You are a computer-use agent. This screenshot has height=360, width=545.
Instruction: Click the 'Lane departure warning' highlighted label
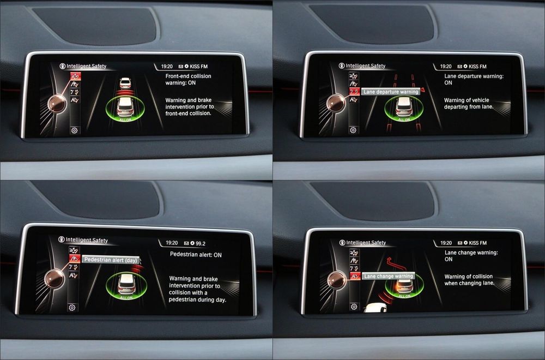tap(391, 92)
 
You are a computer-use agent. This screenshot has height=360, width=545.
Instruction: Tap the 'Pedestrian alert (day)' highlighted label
tap(111, 260)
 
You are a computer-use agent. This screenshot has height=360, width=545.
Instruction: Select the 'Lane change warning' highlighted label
tap(388, 276)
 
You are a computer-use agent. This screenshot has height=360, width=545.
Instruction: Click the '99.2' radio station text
tap(201, 243)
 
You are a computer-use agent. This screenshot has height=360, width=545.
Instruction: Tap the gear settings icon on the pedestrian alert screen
tap(72, 308)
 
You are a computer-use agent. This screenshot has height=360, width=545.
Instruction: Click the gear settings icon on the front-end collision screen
tap(74, 130)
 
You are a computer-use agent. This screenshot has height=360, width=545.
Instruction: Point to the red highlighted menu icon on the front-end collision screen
tap(75, 76)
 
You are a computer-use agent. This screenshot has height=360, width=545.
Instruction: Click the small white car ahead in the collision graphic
tap(125, 83)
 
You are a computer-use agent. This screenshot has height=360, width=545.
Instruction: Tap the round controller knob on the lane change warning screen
tap(336, 280)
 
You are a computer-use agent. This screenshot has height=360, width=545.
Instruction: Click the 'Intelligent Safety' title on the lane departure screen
tap(365, 66)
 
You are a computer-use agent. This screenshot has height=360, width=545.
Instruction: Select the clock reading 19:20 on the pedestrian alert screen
tap(172, 243)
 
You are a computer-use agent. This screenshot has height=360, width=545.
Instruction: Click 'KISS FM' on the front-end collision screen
tap(198, 67)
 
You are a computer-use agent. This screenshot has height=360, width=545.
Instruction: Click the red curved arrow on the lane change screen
tap(396, 264)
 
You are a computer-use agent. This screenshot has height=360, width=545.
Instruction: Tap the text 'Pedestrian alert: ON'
tap(196, 255)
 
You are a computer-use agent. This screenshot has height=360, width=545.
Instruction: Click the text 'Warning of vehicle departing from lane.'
tap(469, 103)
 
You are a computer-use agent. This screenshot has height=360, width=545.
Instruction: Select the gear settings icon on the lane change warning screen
tap(354, 307)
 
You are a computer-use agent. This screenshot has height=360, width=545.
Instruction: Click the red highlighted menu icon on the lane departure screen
tap(354, 92)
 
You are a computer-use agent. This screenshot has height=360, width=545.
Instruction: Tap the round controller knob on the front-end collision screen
tap(57, 104)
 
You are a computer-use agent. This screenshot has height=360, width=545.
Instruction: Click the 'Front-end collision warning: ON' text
tap(188, 79)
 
